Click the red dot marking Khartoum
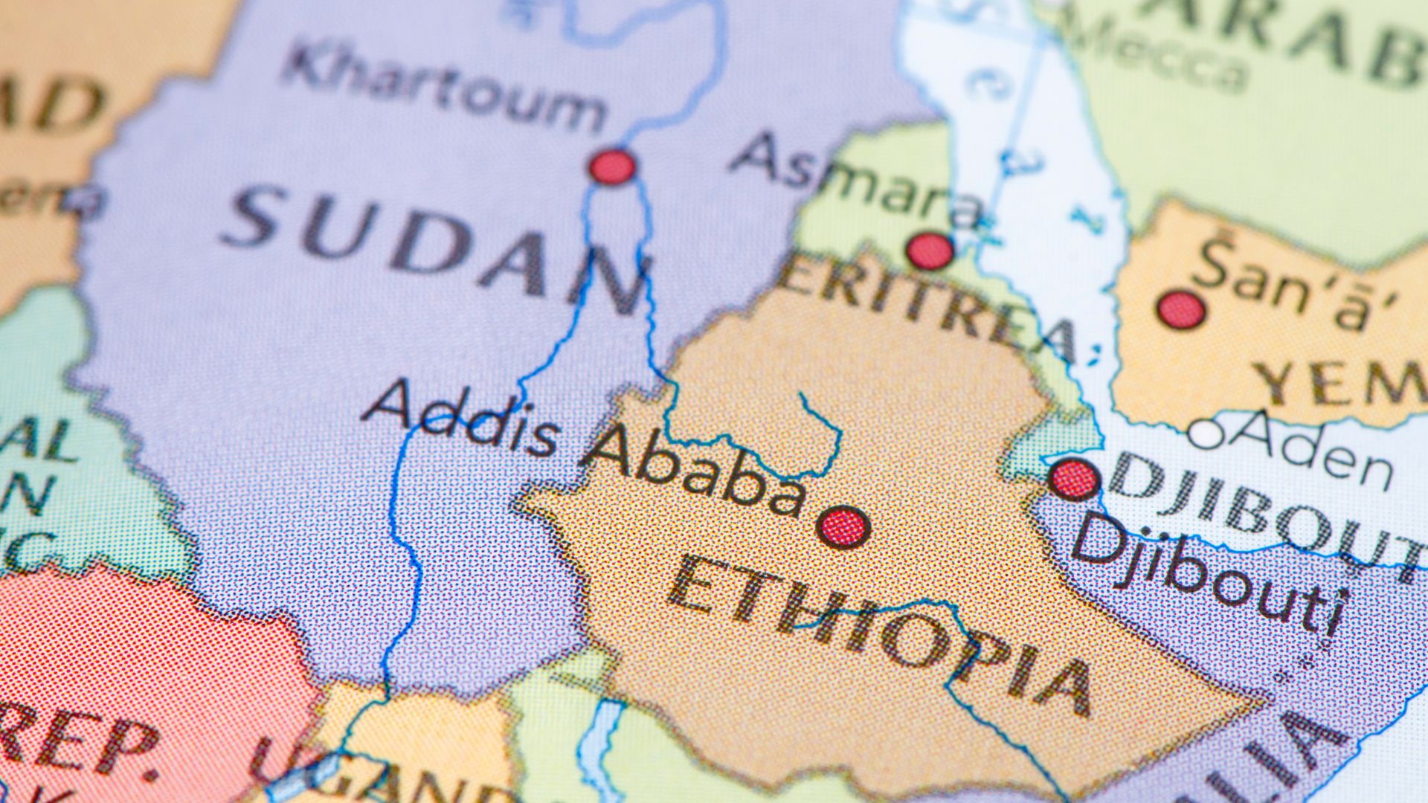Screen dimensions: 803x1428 pos(613,167)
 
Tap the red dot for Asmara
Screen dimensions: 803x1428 pos(930,251)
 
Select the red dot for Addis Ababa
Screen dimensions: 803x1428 pos(843,527)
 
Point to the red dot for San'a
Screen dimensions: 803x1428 pos(1181,310)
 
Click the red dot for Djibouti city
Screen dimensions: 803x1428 pos(1074,480)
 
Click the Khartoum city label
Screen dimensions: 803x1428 pos(444,88)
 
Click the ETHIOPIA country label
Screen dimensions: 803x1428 pos(878,639)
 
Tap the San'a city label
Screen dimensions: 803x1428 pos(1294,283)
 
